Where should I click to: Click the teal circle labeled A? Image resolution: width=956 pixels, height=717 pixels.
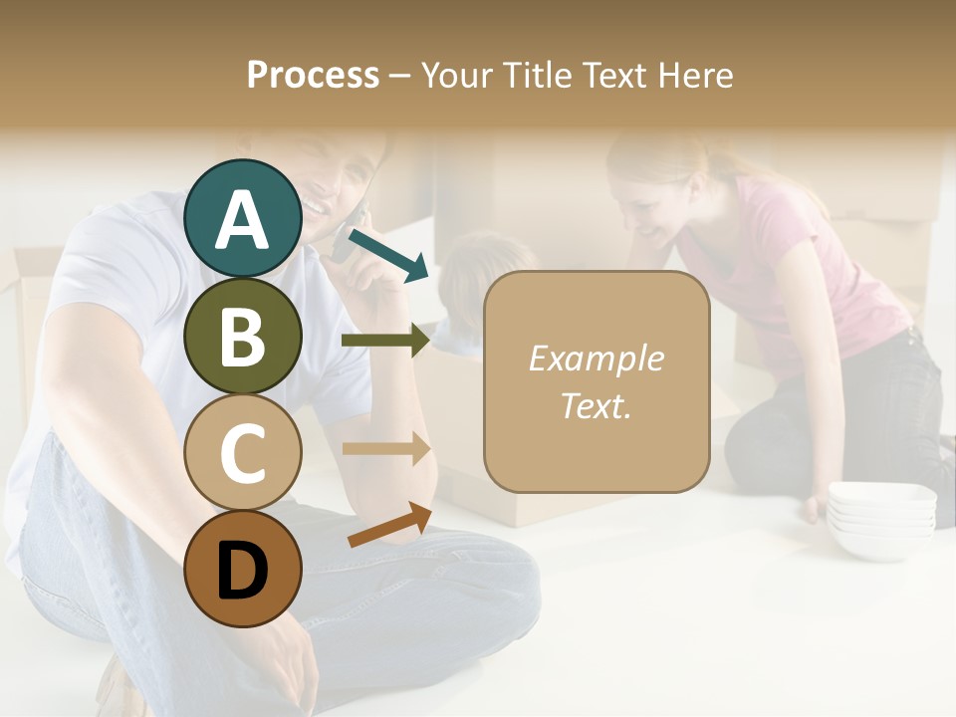click(243, 218)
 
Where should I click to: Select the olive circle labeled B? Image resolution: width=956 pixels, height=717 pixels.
click(243, 336)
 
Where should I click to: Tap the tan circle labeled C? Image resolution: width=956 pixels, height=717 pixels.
click(243, 453)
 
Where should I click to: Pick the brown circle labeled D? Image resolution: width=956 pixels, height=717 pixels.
click(243, 570)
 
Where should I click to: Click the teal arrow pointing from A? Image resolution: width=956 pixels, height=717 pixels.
click(389, 254)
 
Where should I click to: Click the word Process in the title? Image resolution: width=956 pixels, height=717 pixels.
click(313, 76)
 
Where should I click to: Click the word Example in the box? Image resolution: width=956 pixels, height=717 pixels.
click(596, 358)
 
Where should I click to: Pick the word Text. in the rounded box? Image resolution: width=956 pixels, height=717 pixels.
click(596, 405)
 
